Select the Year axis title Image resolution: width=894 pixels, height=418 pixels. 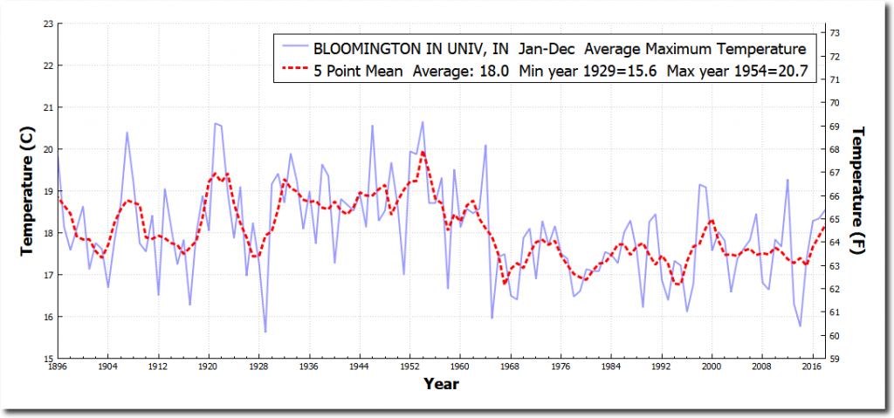[441, 383]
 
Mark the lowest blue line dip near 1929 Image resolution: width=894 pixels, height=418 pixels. [265, 332]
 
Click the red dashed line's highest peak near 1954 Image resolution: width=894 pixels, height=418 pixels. [423, 153]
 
